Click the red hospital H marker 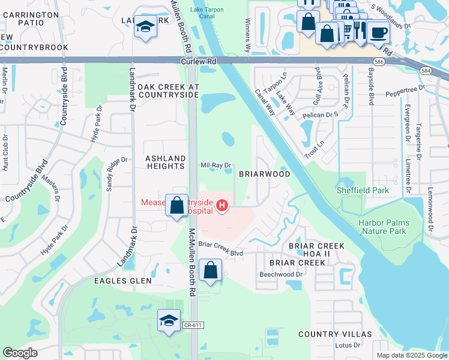point(223,207)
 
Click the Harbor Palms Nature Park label point(382,227)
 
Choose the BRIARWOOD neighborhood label point(265,174)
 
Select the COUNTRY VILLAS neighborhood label point(335,334)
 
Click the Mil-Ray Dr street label point(215,164)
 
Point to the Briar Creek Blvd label point(220,253)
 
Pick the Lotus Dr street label point(348,346)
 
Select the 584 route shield point(426,71)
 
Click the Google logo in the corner point(20,353)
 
